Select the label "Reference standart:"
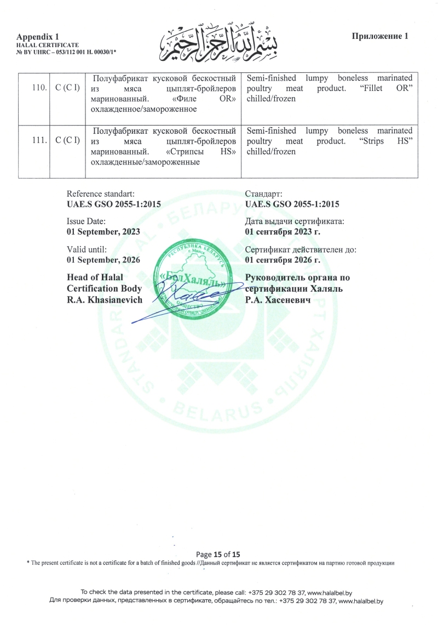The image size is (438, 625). (100, 194)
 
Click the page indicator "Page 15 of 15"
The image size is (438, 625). (218, 554)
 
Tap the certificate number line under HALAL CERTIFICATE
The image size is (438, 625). (66, 51)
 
